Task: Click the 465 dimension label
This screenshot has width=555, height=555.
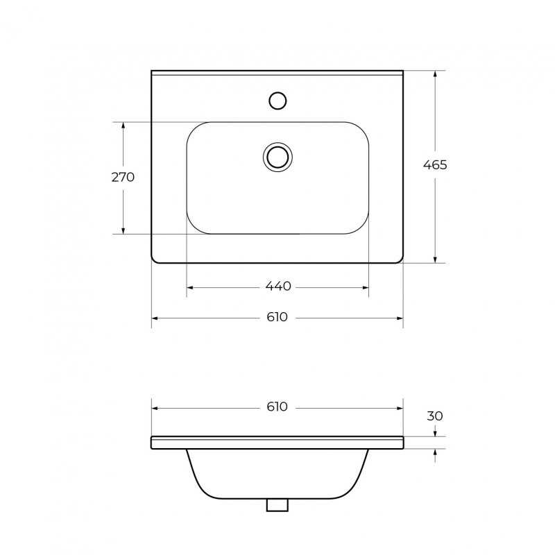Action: point(435,165)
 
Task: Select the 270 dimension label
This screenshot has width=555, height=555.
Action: point(123,177)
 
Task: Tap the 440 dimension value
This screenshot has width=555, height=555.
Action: point(278,286)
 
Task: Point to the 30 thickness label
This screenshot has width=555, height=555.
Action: point(435,416)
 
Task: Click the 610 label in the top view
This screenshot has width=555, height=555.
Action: point(277,317)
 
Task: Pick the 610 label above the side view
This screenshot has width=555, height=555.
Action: point(277,407)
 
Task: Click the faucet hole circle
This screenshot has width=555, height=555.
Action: point(277,101)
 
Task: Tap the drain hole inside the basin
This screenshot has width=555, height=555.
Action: point(278,157)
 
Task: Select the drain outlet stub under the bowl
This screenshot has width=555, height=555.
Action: point(277,505)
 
